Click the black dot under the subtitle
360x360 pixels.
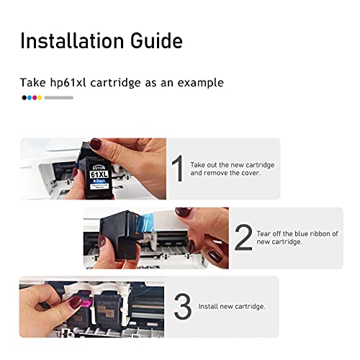(x=24, y=97)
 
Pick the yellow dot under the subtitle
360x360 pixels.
(x=40, y=97)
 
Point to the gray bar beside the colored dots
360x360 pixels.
(x=58, y=97)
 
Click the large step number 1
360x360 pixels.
(x=177, y=169)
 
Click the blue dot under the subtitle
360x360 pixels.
(x=29, y=97)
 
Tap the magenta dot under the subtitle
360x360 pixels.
(x=35, y=97)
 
